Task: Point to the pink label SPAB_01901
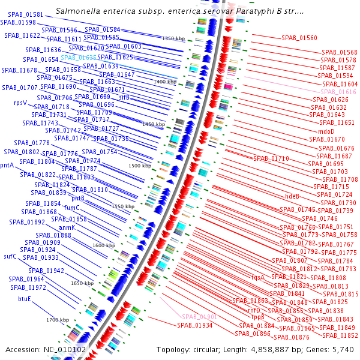point(199,317)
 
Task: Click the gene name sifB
point(124,97)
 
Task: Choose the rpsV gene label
point(20,103)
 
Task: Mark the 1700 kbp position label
point(58,320)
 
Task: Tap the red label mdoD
point(326,131)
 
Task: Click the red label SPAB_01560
point(299,38)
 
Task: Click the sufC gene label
point(10,256)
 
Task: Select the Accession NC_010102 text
point(45,349)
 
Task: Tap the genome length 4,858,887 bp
point(280,349)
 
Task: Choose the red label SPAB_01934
point(194,325)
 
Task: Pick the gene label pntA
point(7,166)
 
